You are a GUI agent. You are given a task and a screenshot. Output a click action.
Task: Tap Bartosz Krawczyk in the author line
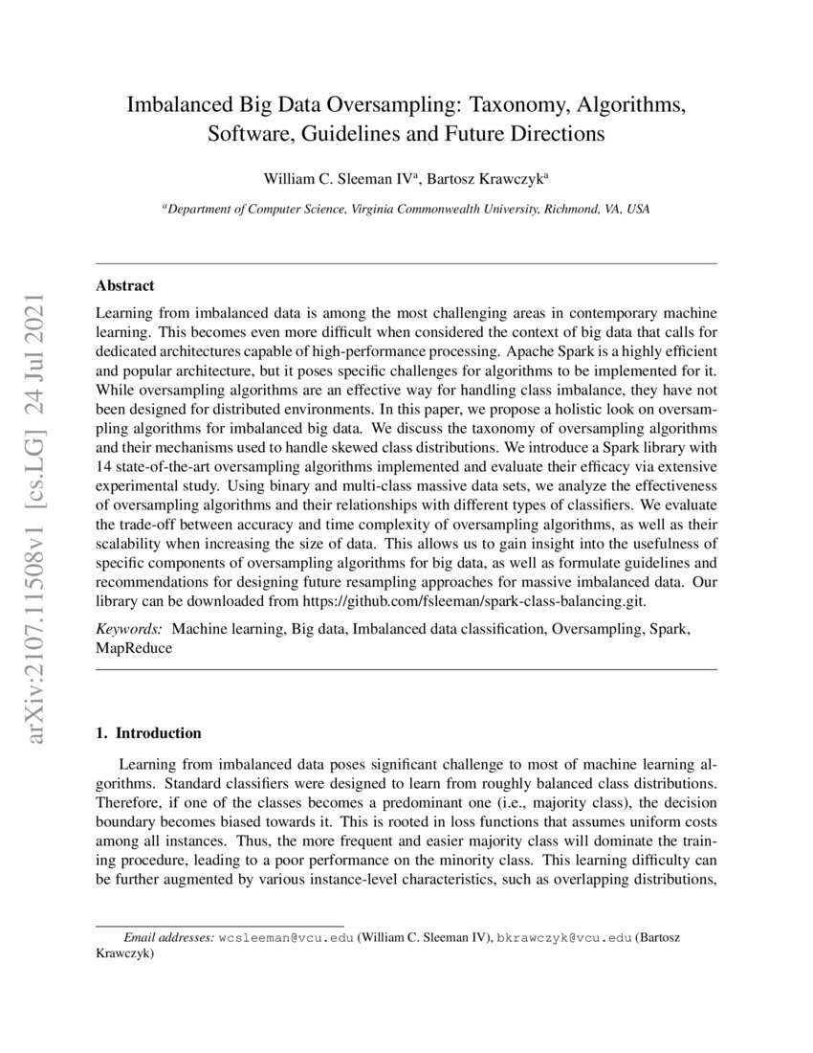tap(479, 179)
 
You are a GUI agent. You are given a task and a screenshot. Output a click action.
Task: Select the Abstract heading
tap(125, 285)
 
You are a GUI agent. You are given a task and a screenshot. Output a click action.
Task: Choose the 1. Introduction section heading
tap(149, 734)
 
